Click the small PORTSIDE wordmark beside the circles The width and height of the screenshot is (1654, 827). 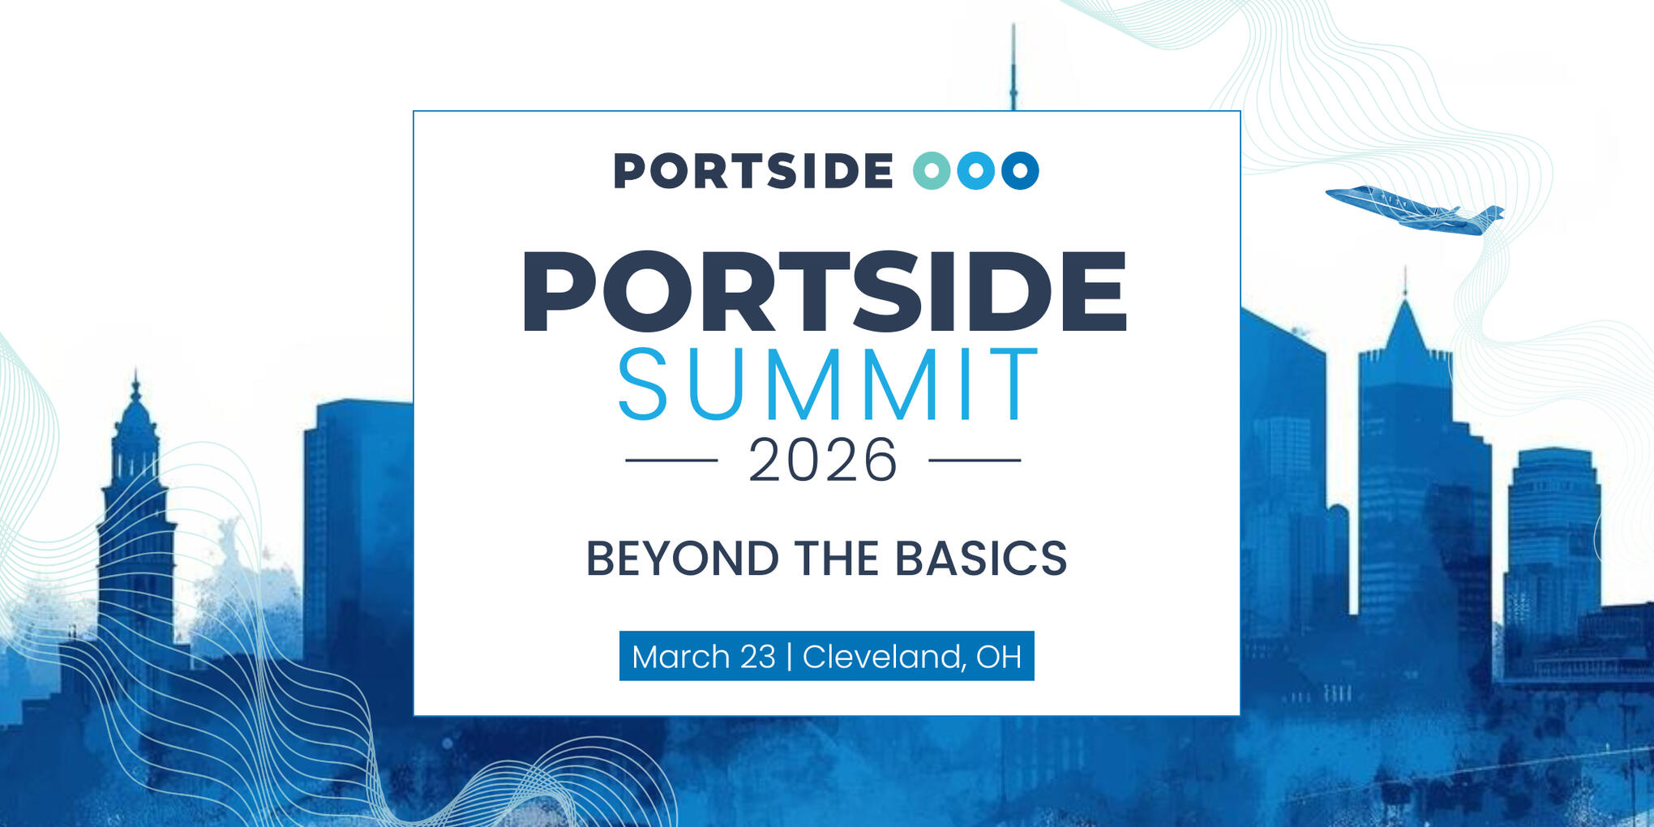coord(753,171)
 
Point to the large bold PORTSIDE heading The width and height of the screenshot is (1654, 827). coord(825,292)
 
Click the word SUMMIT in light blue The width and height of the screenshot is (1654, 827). coord(828,384)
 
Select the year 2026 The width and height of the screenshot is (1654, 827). coord(823,460)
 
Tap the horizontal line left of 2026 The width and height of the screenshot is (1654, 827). coord(671,460)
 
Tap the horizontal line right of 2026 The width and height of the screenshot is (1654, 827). coord(975,460)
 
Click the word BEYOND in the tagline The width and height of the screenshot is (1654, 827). coord(683,559)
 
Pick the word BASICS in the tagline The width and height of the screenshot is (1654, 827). coord(981,559)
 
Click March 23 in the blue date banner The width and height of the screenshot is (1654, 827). coord(704,657)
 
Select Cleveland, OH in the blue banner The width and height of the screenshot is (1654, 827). coord(912,657)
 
